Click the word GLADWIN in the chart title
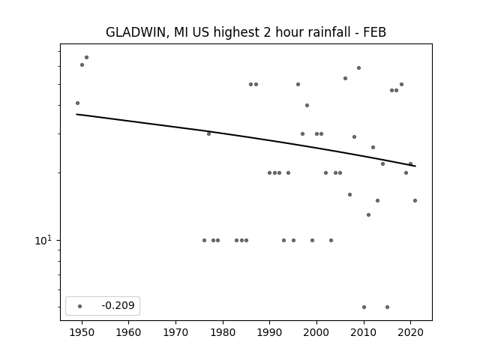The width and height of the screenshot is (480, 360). pos(136,32)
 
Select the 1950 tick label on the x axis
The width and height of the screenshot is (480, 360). pos(82,332)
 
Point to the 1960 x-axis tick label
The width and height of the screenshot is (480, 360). pos(128,332)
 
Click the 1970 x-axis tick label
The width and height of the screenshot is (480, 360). pos(175,332)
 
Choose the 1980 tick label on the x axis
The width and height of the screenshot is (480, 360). pos(223,332)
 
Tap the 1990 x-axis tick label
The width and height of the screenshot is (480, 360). pos(270,332)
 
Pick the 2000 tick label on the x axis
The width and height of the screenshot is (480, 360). pos(316,332)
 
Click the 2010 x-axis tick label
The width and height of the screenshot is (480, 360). pos(364,332)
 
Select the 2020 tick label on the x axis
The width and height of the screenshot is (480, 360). pos(411,332)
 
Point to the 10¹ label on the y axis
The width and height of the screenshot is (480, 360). pos(43,240)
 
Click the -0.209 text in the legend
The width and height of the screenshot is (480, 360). pos(118,305)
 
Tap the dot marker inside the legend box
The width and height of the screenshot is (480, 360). pos(80,306)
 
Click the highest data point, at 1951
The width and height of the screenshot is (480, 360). pos(87,57)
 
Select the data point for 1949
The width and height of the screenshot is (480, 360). pos(77,103)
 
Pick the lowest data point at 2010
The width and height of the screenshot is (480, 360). pos(364,307)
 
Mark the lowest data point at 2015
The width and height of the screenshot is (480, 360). pos(387,307)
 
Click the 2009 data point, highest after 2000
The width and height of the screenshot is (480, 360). pos(358,68)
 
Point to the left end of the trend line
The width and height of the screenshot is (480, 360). pos(76,114)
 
